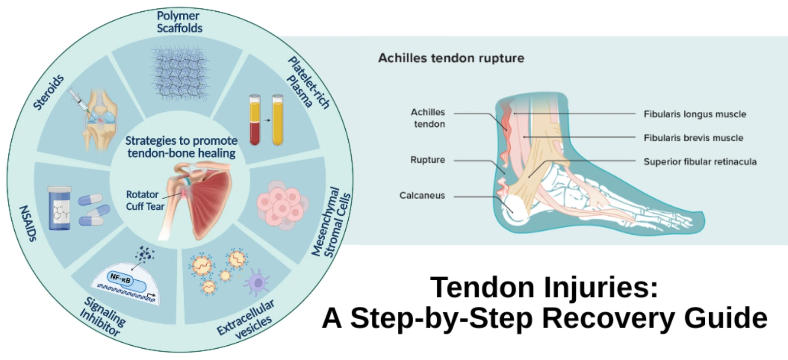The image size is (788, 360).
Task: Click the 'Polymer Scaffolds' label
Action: (x=179, y=22)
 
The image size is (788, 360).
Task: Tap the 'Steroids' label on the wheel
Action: (x=48, y=92)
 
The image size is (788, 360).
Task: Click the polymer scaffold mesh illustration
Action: (x=180, y=72)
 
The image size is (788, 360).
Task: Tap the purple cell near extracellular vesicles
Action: (x=258, y=282)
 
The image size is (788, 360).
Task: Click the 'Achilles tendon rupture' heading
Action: (x=451, y=58)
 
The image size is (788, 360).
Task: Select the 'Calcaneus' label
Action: (x=422, y=196)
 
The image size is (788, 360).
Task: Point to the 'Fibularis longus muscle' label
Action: (x=694, y=114)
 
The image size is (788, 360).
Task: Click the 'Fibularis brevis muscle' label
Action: (x=693, y=138)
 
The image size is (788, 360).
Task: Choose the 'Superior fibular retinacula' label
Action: (x=700, y=162)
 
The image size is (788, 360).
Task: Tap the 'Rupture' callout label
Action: (x=427, y=160)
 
